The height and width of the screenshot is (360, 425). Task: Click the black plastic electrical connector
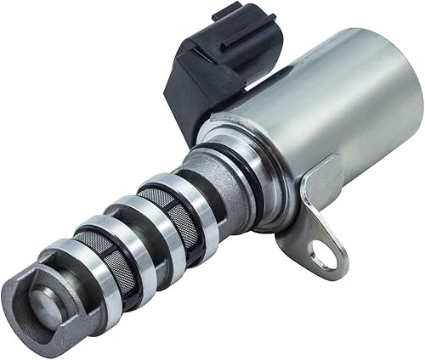[217, 72]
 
